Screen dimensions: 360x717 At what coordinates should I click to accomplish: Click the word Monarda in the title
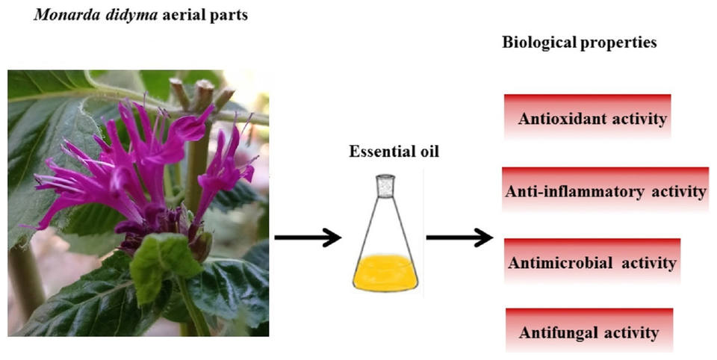pos(50,15)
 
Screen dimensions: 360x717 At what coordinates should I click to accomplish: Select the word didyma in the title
pos(111,15)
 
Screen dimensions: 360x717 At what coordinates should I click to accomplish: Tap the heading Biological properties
pos(580,43)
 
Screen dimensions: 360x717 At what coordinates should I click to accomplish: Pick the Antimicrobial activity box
pos(592,262)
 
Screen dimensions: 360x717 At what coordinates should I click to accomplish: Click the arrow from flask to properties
pos(459,238)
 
